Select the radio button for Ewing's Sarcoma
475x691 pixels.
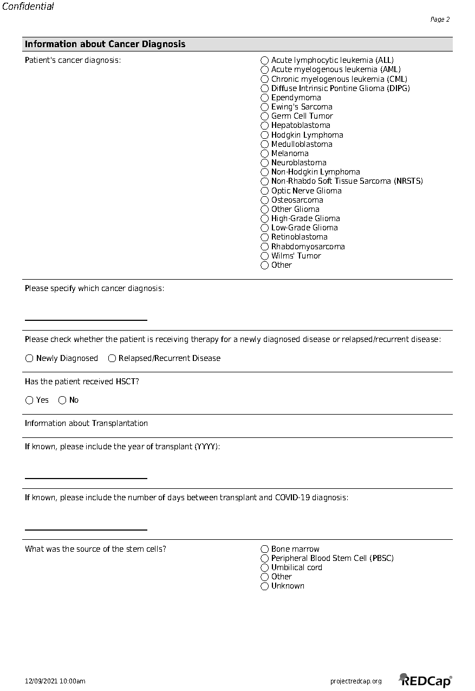point(264,107)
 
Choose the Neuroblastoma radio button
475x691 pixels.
point(264,163)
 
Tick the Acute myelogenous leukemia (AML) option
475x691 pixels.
point(264,69)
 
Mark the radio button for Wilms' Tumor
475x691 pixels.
point(264,256)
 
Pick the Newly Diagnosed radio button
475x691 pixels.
point(29,358)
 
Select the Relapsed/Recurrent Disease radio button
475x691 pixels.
point(112,358)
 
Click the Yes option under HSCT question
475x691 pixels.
point(29,400)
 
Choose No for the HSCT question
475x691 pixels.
point(62,400)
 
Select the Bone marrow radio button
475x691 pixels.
point(264,549)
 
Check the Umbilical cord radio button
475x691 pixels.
point(264,567)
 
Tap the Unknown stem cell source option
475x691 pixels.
point(264,586)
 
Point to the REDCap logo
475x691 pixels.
point(425,680)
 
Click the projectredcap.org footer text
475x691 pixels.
point(356,681)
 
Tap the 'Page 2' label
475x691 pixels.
point(440,20)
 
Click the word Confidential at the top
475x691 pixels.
point(28,7)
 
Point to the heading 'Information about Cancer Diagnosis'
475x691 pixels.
point(105,44)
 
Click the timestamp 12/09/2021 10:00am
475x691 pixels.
point(55,681)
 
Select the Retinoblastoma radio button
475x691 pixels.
point(264,237)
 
